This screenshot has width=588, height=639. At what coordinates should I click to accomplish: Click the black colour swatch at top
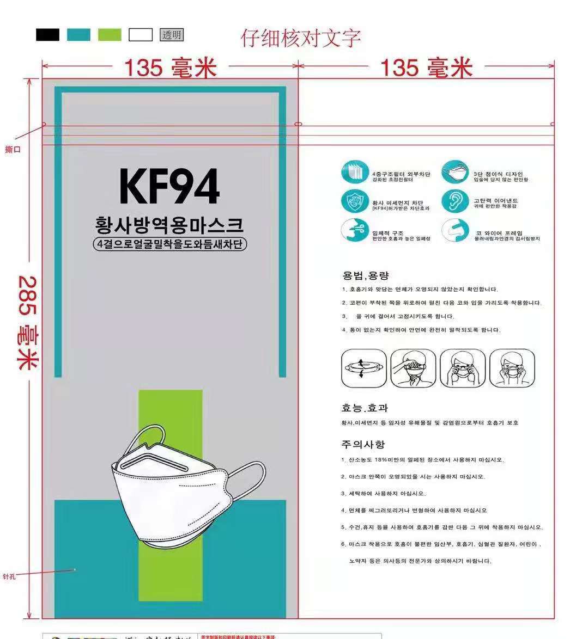coord(47,35)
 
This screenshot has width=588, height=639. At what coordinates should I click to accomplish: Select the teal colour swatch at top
coord(78,35)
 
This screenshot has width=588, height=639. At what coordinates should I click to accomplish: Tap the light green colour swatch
coord(110,35)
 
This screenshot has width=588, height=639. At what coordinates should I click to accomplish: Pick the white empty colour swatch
coord(141,35)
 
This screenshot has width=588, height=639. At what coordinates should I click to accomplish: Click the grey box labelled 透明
coord(171,35)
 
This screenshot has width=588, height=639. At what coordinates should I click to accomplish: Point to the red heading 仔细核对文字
coord(300,38)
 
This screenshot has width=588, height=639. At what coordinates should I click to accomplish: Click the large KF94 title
coord(169,187)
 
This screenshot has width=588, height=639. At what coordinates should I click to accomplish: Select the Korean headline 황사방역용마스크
coord(169,224)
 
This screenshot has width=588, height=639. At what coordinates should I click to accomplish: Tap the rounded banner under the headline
coord(169,244)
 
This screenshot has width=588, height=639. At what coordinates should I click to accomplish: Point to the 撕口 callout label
coord(12,149)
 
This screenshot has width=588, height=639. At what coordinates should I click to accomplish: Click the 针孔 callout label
coord(9,576)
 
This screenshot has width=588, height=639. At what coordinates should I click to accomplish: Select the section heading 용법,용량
coord(365,275)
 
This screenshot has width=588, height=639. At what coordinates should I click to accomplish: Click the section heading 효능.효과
coord(365,408)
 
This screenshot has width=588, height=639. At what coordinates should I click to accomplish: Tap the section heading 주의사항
coord(363,444)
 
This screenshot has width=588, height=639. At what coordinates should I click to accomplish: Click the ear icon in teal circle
coord(454,201)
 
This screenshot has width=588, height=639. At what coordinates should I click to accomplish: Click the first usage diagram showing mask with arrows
coord(363,368)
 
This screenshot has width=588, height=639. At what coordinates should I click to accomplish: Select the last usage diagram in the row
coord(512,368)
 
